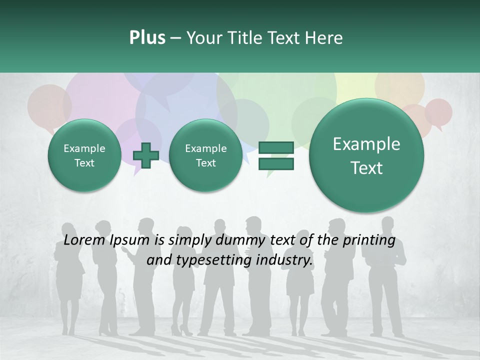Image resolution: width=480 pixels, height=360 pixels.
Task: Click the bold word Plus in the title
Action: click(x=147, y=38)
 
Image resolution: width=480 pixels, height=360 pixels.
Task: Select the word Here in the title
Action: click(x=324, y=38)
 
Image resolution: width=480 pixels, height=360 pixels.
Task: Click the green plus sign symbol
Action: click(x=145, y=155)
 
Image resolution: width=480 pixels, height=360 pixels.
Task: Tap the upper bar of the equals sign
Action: click(x=275, y=147)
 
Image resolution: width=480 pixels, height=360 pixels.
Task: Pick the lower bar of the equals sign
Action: click(x=275, y=164)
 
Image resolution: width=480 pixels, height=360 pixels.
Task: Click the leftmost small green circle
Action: click(x=84, y=155)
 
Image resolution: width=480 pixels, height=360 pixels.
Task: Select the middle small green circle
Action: click(x=205, y=155)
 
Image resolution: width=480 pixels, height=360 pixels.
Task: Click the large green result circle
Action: click(x=366, y=155)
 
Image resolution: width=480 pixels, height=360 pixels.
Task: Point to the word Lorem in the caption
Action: click(x=84, y=240)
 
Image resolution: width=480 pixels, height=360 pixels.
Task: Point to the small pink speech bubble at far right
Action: click(x=439, y=112)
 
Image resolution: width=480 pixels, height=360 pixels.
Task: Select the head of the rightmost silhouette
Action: click(x=388, y=222)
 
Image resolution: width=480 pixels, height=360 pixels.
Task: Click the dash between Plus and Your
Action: click(x=175, y=38)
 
